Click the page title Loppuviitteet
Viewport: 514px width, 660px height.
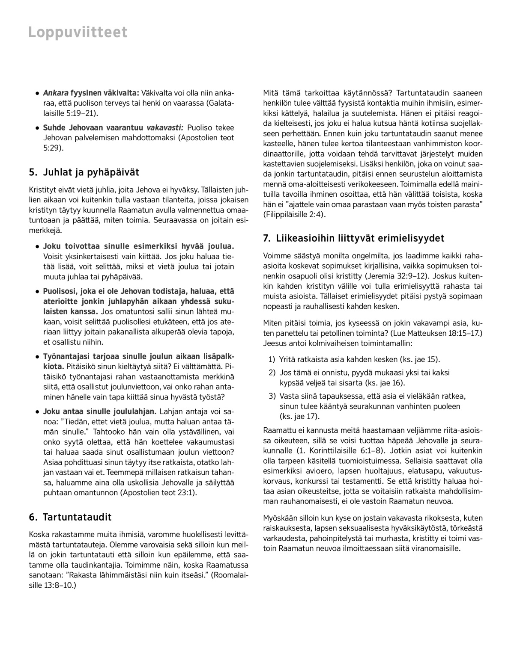[78, 33]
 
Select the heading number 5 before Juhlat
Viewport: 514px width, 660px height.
[32, 172]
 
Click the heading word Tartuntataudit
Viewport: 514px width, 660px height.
[77, 517]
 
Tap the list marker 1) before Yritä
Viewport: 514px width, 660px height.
[272, 359]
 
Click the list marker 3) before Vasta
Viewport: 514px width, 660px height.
[272, 396]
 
